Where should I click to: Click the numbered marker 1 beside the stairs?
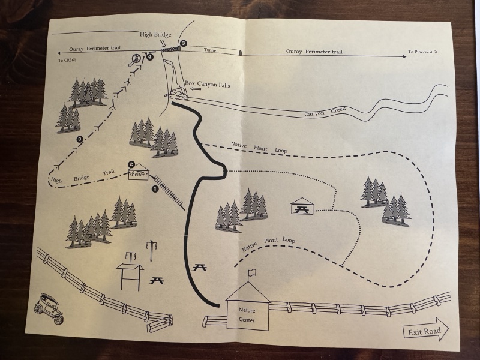pyautogui.click(x=155, y=189)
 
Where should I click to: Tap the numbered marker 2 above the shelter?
pyautogui.click(x=131, y=164)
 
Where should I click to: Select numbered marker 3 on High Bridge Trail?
pyautogui.click(x=80, y=140)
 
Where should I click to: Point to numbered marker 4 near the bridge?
pyautogui.click(x=149, y=57)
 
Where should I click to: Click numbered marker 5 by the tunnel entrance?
pyautogui.click(x=183, y=43)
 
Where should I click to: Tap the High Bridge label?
pyautogui.click(x=155, y=34)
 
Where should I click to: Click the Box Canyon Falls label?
pyautogui.click(x=207, y=84)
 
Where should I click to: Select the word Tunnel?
pyautogui.click(x=211, y=50)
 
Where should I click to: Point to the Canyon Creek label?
pyautogui.click(x=325, y=112)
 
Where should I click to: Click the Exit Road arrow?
pyautogui.click(x=425, y=329)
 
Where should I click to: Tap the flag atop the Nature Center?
pyautogui.click(x=252, y=272)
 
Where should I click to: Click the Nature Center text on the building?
pyautogui.click(x=247, y=315)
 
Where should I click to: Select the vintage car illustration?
pyautogui.click(x=49, y=308)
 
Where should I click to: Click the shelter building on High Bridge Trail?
pyautogui.click(x=139, y=172)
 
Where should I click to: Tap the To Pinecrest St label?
pyautogui.click(x=422, y=52)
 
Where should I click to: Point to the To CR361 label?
pyautogui.click(x=67, y=61)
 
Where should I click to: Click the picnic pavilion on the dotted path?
pyautogui.click(x=302, y=206)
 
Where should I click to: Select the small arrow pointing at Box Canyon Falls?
pyautogui.click(x=196, y=89)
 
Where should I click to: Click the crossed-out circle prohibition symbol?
pyautogui.click(x=136, y=58)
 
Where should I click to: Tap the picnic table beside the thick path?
pyautogui.click(x=200, y=268)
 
